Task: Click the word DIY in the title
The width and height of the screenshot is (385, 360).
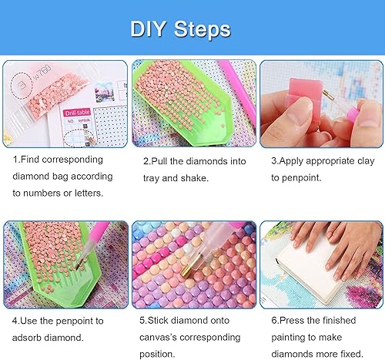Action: [x=150, y=29]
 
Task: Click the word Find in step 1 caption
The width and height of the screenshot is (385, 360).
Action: [x=33, y=161]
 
